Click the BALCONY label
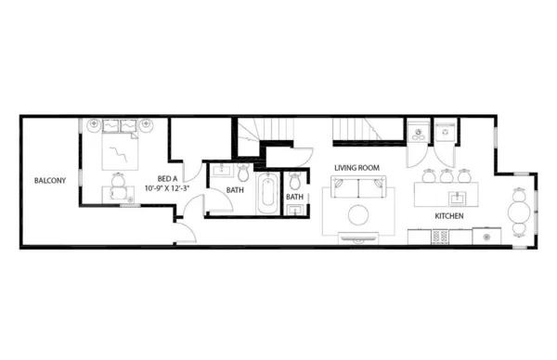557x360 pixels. pos(50,180)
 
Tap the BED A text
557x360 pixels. pos(167,179)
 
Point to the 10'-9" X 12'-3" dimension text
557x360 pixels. pos(168,188)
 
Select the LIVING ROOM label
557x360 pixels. pos(357,167)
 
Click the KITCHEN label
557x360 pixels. pos(450,216)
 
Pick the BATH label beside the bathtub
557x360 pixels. pos(235,191)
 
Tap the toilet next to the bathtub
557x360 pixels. pos(243,174)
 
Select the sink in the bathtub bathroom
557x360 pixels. pos(224,172)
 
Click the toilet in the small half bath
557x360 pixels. pos(295,180)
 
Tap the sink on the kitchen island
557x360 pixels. pos(457,197)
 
